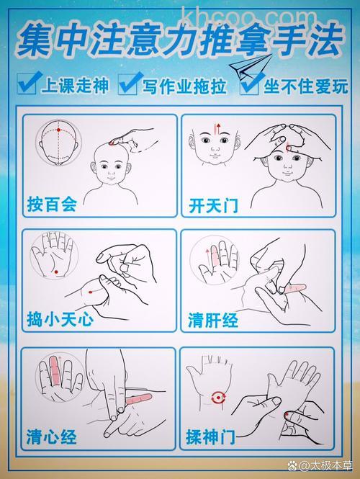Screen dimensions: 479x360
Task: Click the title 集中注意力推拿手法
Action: click(x=180, y=41)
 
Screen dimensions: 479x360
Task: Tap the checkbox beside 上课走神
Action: click(x=27, y=85)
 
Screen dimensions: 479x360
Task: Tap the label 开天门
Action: click(x=212, y=205)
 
